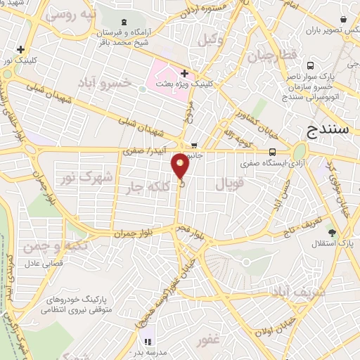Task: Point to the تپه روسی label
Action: [x=69, y=13]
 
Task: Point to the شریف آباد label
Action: [x=290, y=290]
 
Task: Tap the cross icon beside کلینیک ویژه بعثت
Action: [x=184, y=73]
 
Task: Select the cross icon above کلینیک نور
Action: [x=22, y=50]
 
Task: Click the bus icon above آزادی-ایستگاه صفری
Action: [x=272, y=151]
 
